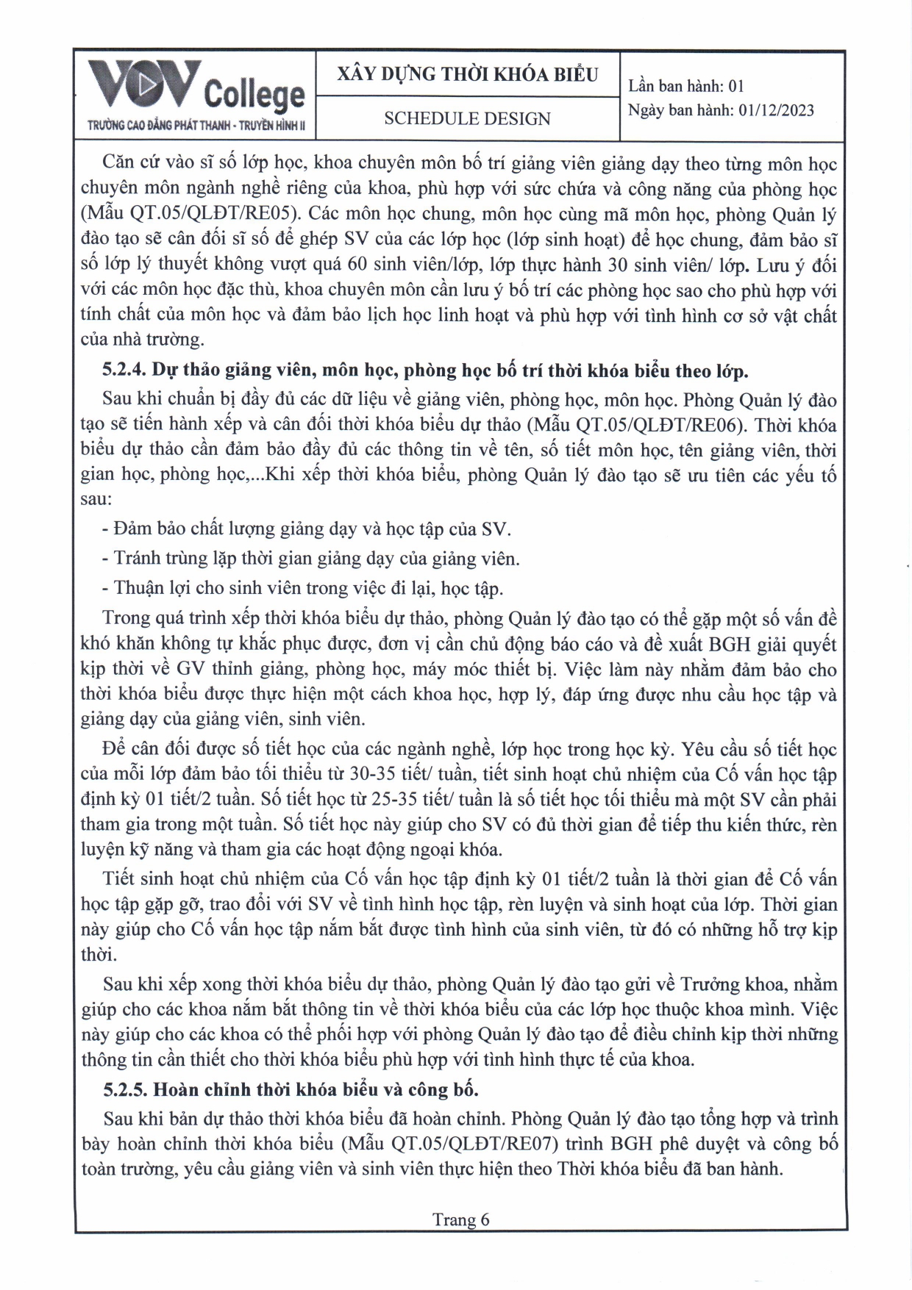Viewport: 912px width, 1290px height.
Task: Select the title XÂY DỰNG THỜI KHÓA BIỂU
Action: pyautogui.click(x=467, y=74)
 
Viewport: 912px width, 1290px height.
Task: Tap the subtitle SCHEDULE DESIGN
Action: pyautogui.click(x=467, y=118)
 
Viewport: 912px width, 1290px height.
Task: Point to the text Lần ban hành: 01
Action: pyautogui.click(x=686, y=86)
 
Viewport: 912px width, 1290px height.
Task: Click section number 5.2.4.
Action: pyautogui.click(x=124, y=370)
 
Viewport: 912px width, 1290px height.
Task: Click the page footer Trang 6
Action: pyautogui.click(x=460, y=1219)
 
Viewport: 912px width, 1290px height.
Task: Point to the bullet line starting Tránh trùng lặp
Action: pyautogui.click(x=311, y=559)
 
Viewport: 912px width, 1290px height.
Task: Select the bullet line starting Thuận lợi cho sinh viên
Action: pyautogui.click(x=303, y=588)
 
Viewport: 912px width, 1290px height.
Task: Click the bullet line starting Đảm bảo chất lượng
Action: pyautogui.click(x=307, y=528)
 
